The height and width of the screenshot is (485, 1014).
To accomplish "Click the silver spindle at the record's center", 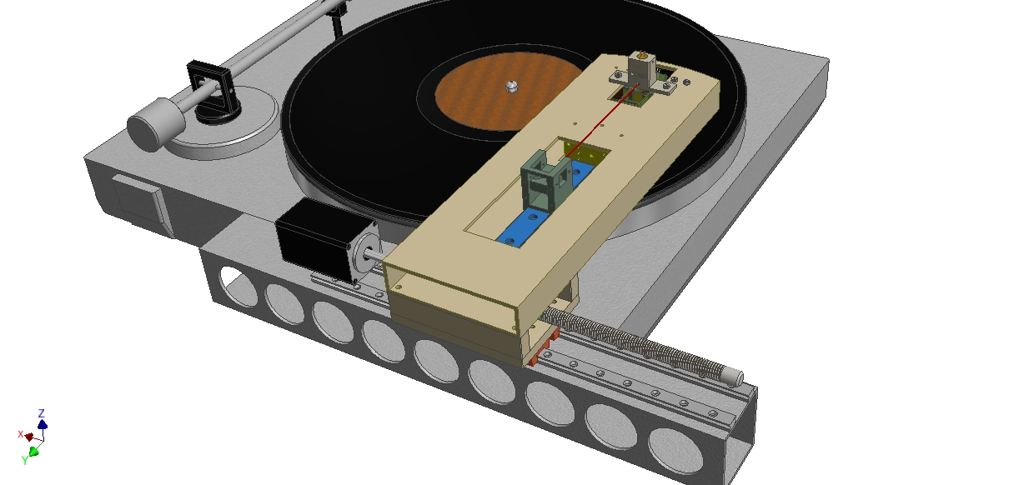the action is pos(511,86).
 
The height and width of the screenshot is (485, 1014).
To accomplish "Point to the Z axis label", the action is pos(41,413).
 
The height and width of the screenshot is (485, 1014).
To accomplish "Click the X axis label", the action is pos(20,434).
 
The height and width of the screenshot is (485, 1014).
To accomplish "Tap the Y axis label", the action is pos(25,461).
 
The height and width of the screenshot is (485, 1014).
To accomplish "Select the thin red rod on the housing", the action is pos(602,120).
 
